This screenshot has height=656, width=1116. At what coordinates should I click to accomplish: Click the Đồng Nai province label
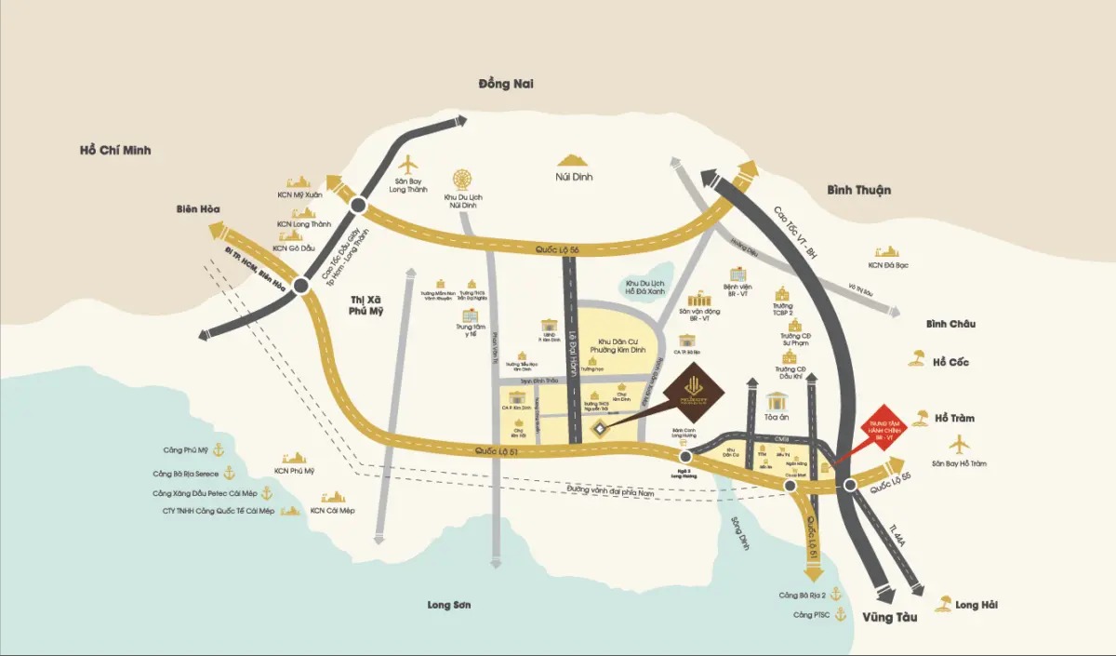pos(507,84)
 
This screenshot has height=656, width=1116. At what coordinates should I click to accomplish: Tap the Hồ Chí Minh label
pos(115,150)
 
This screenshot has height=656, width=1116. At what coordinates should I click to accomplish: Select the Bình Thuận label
pos(858,190)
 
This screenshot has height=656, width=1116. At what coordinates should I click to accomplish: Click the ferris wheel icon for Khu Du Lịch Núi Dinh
pos(462,180)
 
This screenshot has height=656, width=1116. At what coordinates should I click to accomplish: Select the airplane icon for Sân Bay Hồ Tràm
pos(959,444)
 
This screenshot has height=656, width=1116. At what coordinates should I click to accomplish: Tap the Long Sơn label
pos(449,605)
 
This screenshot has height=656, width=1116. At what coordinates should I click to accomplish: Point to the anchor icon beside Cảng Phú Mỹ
pos(219,450)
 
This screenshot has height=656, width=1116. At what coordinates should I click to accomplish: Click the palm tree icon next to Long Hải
pos(943,604)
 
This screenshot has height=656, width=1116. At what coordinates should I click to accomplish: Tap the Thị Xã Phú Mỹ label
pos(366,305)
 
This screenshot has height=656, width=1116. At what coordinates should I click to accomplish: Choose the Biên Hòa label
pos(197,209)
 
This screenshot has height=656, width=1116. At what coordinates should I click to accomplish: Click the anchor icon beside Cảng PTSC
pos(841,614)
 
